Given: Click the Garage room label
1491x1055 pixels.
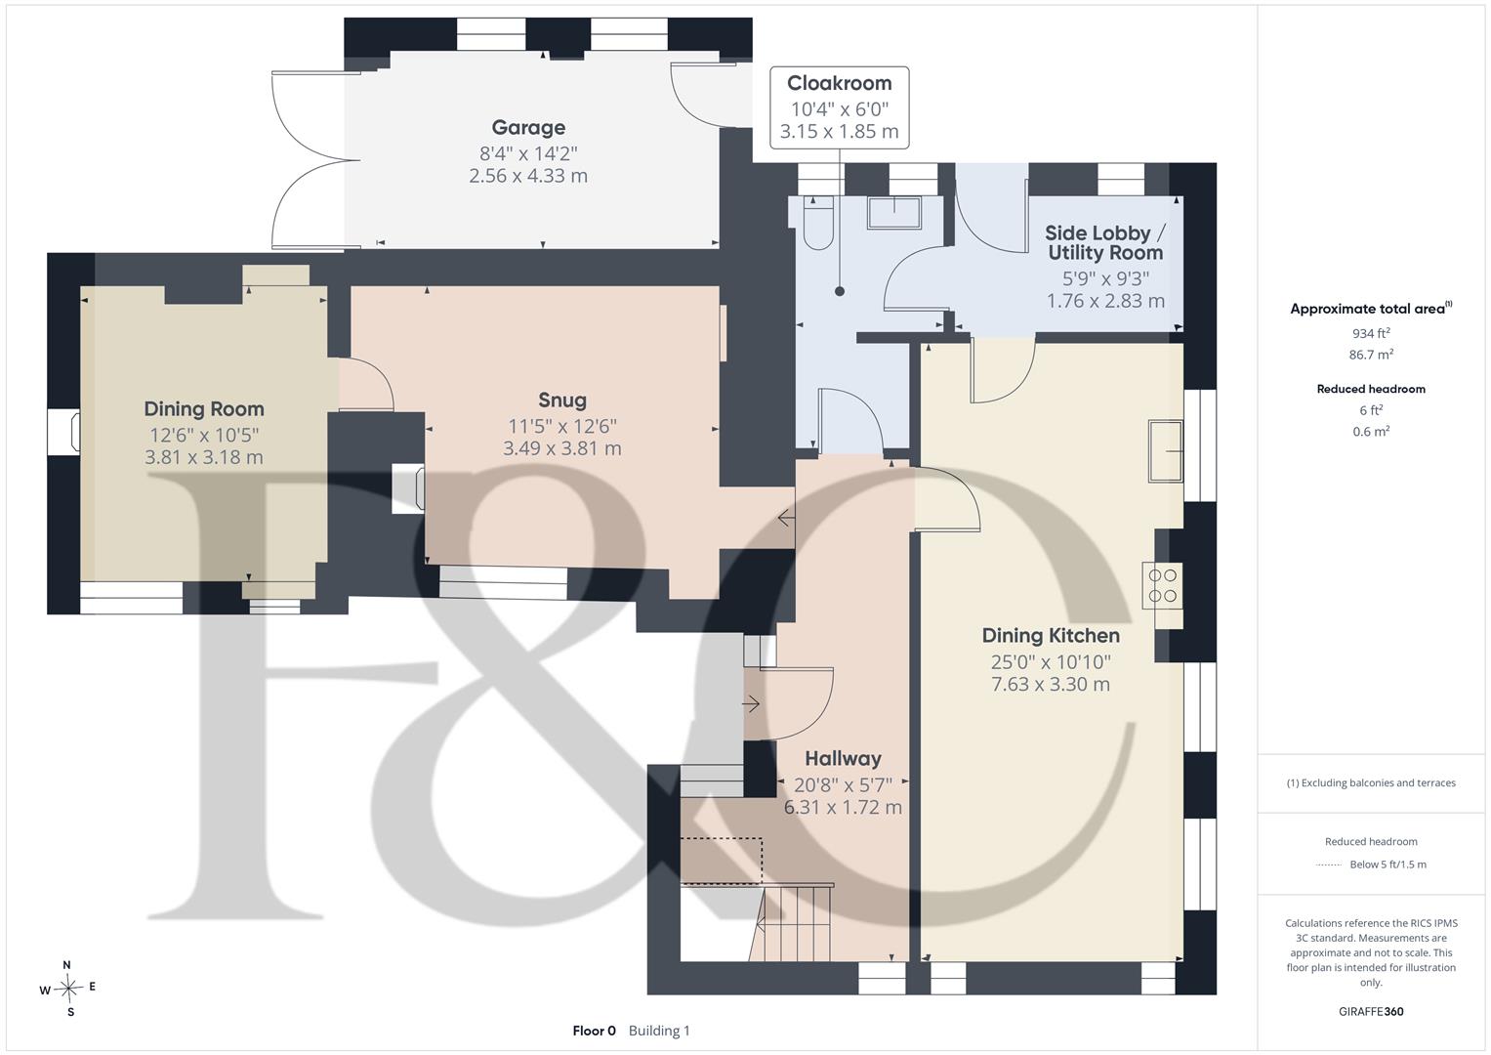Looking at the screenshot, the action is tap(528, 127).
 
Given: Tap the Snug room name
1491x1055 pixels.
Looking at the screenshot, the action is tap(562, 400).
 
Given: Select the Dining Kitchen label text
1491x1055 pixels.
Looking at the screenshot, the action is tap(1051, 635).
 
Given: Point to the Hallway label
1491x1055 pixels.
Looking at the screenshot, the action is tap(843, 758).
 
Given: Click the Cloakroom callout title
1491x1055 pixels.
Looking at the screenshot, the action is tap(840, 83).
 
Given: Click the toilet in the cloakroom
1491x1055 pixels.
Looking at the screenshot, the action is tap(818, 223).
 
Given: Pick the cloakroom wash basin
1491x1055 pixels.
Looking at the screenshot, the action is tap(894, 213).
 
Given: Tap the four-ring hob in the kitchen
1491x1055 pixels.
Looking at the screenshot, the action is tap(1162, 585).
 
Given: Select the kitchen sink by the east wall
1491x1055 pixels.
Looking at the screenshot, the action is tap(1166, 450).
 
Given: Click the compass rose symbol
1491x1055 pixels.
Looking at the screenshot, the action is tap(68, 989).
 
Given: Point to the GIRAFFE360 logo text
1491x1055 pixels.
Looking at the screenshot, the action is tap(1371, 1011).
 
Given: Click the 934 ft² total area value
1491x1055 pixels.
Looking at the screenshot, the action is tap(1371, 333).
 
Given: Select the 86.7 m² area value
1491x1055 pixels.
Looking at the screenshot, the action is tap(1371, 355).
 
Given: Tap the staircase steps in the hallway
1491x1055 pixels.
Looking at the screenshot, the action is tap(792, 923).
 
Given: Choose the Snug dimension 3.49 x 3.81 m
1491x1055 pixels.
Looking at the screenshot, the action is tap(562, 448).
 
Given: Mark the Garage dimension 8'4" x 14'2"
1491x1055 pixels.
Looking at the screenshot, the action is tap(528, 154).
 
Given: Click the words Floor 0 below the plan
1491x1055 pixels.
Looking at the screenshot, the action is tap(595, 1031).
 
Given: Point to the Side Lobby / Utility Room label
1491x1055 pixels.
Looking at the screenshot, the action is tap(1105, 242).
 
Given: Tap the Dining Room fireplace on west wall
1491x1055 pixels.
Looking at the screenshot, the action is tap(63, 432).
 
